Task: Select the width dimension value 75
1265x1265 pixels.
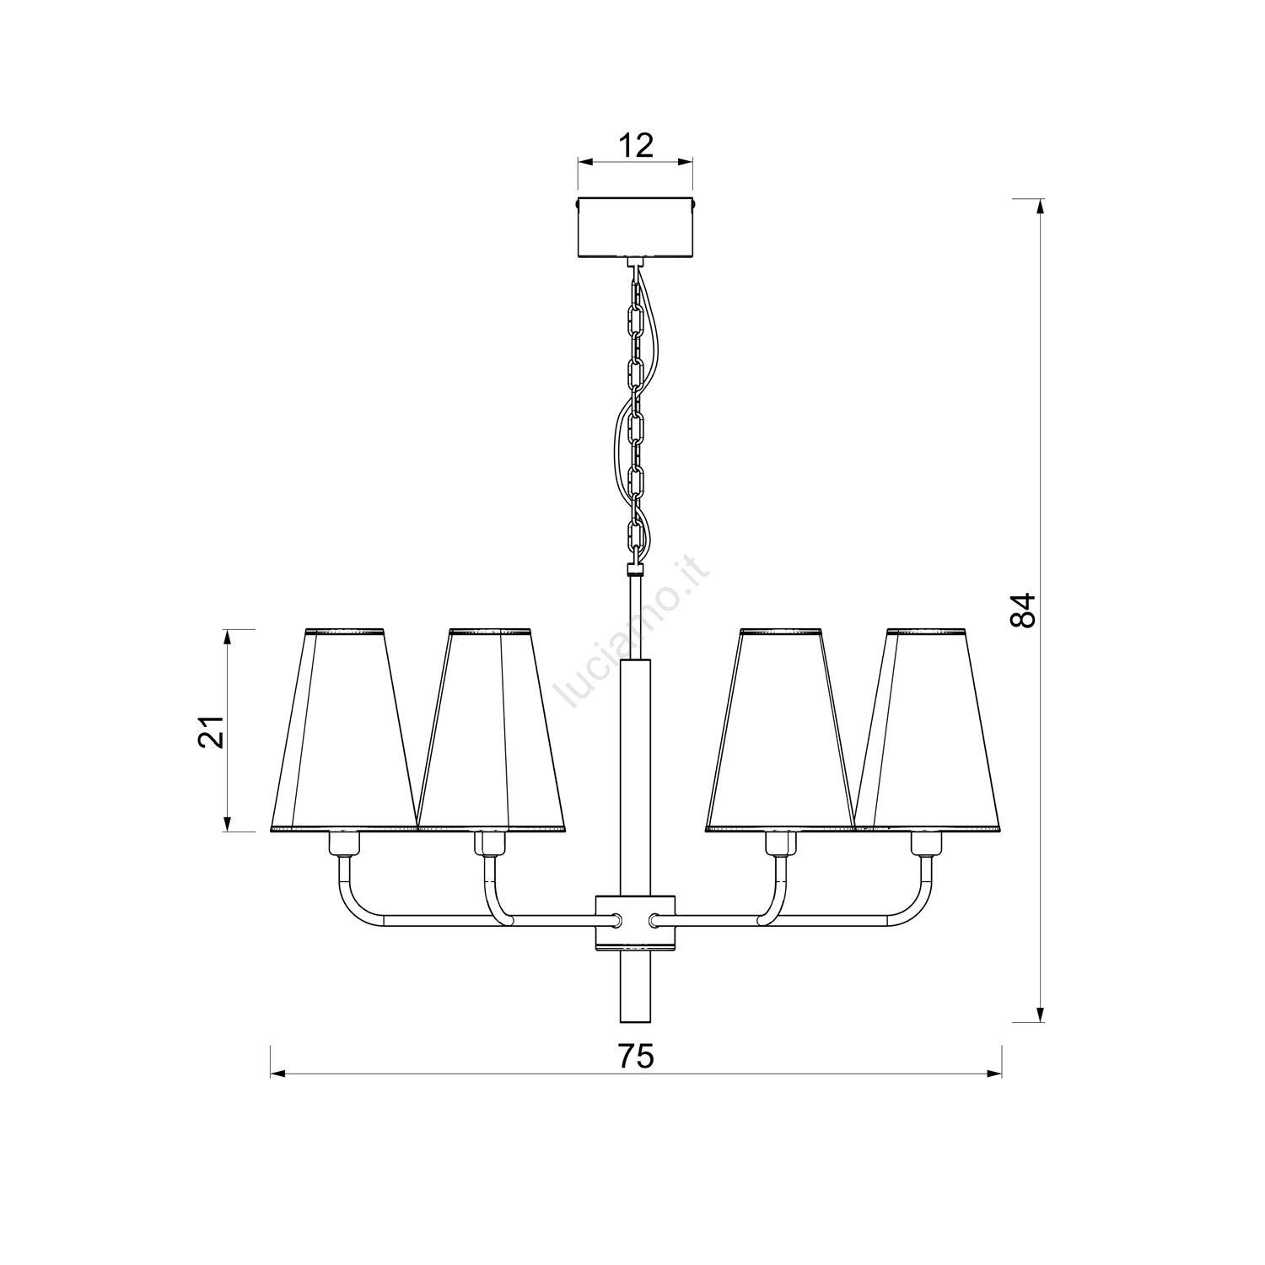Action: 635,1056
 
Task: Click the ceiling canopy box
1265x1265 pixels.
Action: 635,228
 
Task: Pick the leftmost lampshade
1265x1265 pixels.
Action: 344,730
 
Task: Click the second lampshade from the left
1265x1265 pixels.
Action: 491,730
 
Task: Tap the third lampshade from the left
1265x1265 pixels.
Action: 780,730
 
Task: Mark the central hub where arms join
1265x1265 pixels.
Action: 635,922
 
